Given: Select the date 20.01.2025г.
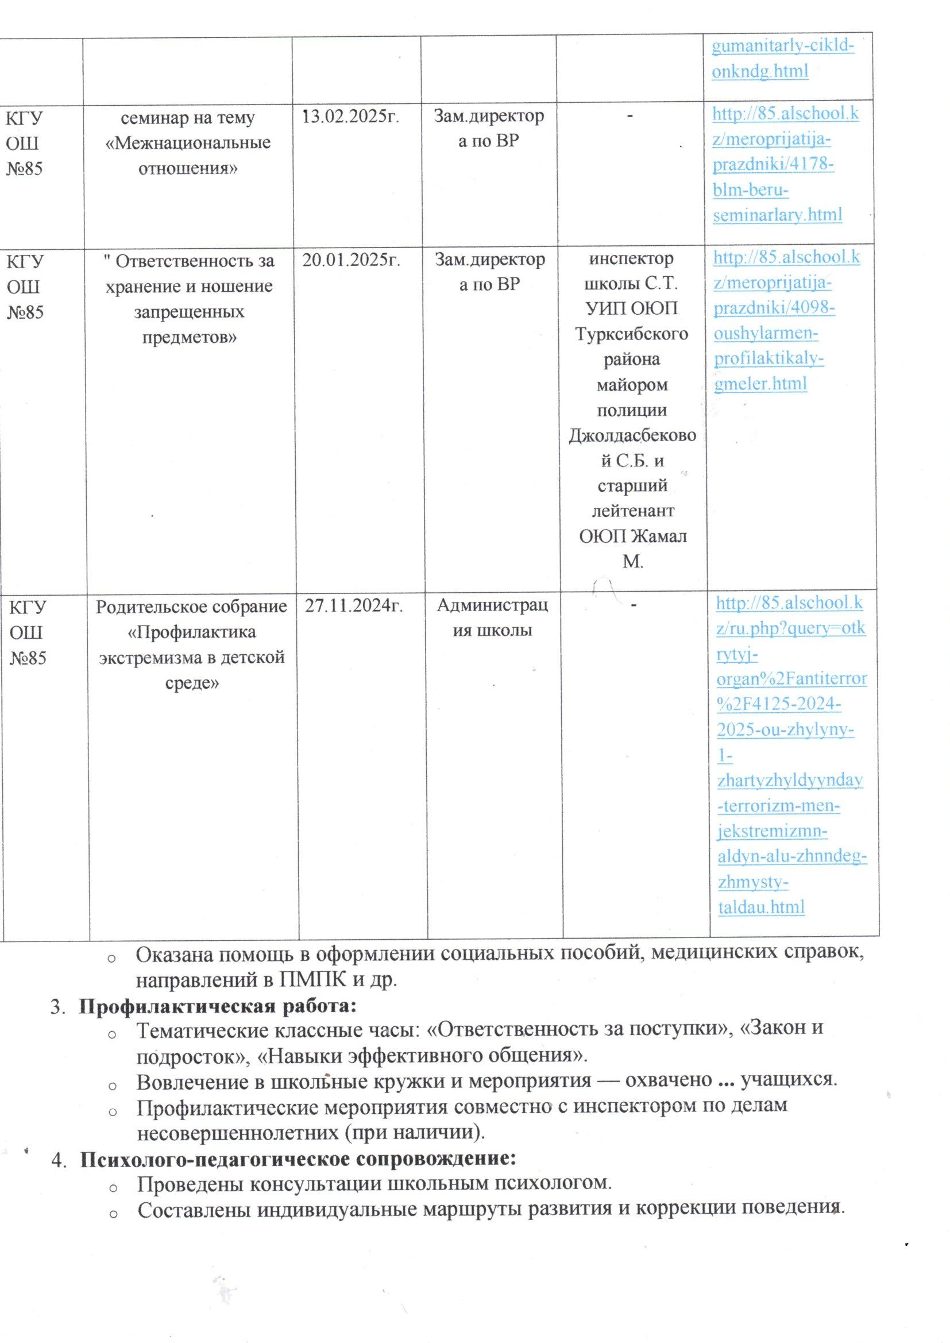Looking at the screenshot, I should click(351, 260).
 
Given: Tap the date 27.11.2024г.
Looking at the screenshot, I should click(354, 606).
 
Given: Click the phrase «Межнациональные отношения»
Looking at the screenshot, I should click(188, 156).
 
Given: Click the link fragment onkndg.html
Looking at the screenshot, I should click(760, 71).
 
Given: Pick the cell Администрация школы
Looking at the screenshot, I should click(493, 618).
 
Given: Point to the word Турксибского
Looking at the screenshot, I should click(631, 334).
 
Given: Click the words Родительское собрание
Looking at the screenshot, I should click(191, 607).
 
